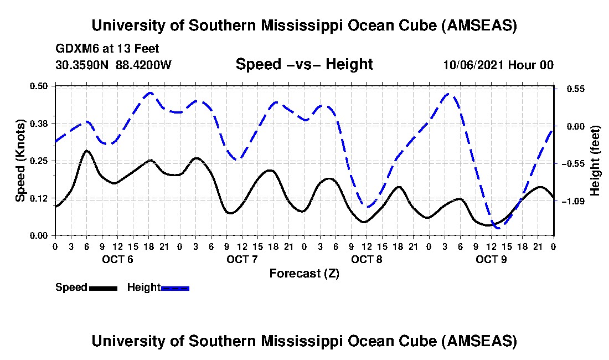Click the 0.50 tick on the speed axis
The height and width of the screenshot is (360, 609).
[40, 86]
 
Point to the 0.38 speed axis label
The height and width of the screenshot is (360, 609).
[40, 123]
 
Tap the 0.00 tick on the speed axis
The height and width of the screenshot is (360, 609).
[40, 235]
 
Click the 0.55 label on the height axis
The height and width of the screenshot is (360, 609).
[574, 89]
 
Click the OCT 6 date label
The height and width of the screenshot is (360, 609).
[117, 259]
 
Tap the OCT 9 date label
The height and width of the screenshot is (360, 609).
[492, 259]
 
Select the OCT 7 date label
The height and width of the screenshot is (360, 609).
[242, 259]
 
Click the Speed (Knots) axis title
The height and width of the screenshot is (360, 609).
[20, 161]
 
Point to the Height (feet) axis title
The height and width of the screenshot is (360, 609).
[596, 161]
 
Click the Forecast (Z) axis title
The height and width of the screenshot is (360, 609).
[304, 274]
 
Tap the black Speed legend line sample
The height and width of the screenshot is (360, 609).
[102, 288]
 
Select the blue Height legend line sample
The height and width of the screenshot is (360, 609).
[175, 288]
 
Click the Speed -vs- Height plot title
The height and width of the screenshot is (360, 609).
[304, 65]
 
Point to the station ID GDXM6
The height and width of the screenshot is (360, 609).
[75, 49]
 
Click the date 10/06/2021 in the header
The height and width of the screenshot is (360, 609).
[473, 65]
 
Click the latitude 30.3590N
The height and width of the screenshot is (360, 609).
[83, 65]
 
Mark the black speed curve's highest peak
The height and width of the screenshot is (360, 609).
[86, 150]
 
